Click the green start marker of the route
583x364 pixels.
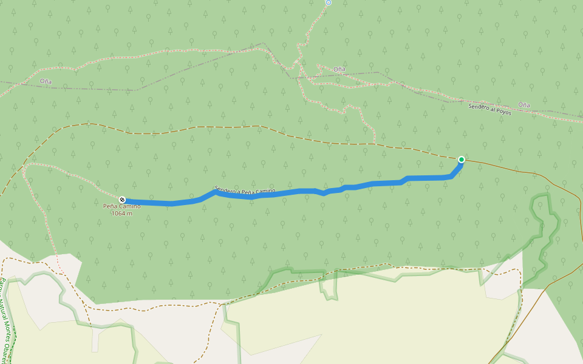pyautogui.click(x=461, y=160)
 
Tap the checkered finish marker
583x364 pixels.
pyautogui.click(x=122, y=200)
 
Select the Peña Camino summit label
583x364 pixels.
pyautogui.click(x=121, y=206)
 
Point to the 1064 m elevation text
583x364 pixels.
pyautogui.click(x=121, y=214)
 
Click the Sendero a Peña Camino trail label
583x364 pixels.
pyautogui.click(x=245, y=191)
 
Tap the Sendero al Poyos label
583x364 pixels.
pyautogui.click(x=489, y=109)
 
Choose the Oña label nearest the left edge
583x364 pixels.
pyautogui.click(x=46, y=81)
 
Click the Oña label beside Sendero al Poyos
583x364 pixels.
pyautogui.click(x=523, y=105)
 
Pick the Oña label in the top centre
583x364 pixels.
pyautogui.click(x=339, y=69)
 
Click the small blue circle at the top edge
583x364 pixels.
pyautogui.click(x=328, y=2)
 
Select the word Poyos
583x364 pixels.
pyautogui.click(x=503, y=111)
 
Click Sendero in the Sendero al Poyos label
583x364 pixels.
pyautogui.click(x=479, y=107)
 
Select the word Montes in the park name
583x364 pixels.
pyautogui.click(x=7, y=332)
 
